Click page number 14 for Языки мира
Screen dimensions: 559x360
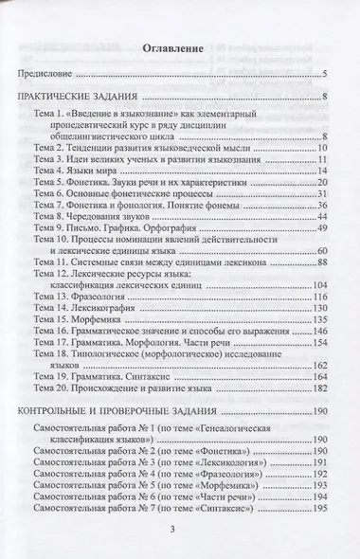click(x=321, y=169)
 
